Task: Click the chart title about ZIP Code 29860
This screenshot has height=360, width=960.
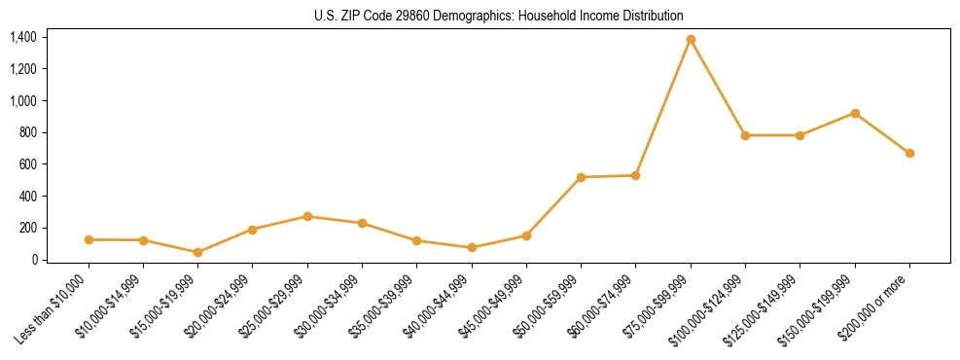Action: click(x=499, y=16)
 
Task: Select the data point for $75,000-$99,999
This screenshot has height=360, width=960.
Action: click(x=691, y=39)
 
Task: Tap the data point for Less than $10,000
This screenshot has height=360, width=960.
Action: click(x=89, y=239)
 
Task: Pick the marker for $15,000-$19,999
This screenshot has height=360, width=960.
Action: click(x=197, y=252)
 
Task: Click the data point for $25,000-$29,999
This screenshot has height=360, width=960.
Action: click(x=307, y=216)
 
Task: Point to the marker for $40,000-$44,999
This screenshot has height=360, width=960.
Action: click(x=472, y=247)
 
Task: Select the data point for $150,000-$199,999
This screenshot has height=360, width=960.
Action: click(x=855, y=113)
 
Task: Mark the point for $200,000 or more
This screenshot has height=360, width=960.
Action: click(x=909, y=153)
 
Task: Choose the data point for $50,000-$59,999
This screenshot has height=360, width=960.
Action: click(x=581, y=177)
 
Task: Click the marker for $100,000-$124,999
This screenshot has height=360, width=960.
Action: click(x=745, y=135)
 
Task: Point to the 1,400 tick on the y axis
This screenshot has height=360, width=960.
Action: click(x=23, y=37)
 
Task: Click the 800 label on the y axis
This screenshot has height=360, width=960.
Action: click(x=28, y=132)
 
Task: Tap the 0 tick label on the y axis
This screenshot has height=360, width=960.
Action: click(x=33, y=260)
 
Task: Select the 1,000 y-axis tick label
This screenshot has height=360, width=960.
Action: click(x=23, y=100)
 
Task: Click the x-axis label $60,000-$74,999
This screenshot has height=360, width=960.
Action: click(x=608, y=306)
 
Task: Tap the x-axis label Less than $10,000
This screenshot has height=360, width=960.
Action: click(x=53, y=310)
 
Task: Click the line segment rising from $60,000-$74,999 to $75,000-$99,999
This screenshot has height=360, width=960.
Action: click(x=663, y=107)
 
